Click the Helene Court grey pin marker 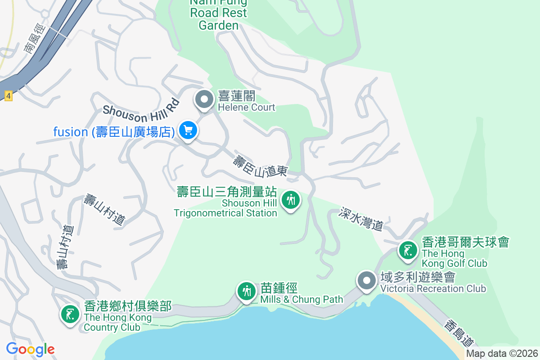204,99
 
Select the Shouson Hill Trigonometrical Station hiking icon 291,199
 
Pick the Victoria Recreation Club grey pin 367,281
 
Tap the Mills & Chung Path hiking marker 246,291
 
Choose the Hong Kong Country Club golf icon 70,314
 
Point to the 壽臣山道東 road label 261,166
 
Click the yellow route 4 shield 8,95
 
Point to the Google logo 30,349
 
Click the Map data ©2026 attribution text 502,354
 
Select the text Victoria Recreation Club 433,288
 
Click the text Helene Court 246,107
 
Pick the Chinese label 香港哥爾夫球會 465,242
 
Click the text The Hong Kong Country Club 118,322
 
